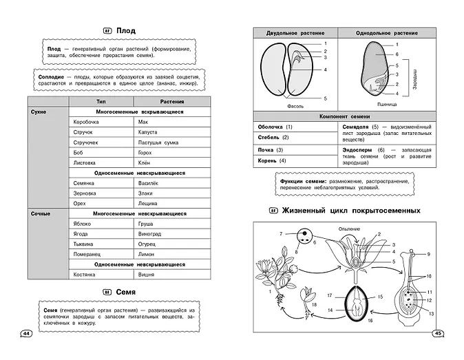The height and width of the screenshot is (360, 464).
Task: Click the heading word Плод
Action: pos(125,31)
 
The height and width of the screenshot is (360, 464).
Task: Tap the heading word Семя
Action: pos(125,291)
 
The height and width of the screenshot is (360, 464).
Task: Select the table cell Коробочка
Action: pos(87,122)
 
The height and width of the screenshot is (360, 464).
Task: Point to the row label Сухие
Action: pos(40,112)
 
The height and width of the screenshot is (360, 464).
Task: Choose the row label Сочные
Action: pos(41,213)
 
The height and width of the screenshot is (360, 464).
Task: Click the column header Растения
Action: pos(163,101)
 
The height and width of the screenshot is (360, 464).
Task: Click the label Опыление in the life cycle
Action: pos(350,229)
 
